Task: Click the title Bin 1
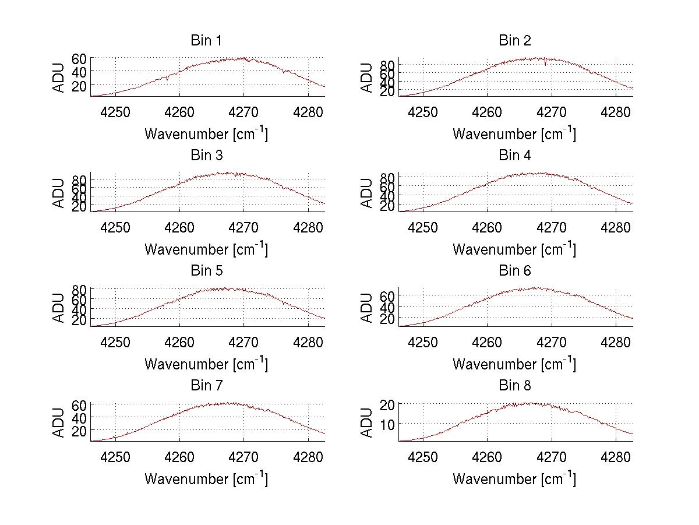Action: (206, 41)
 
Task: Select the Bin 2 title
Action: (514, 41)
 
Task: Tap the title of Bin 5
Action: (206, 271)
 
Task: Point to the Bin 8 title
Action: (514, 386)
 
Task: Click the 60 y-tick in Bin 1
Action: (80, 58)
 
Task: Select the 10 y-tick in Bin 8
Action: (388, 424)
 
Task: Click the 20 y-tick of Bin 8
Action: (388, 404)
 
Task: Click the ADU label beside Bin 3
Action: (59, 193)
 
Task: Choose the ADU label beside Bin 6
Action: (367, 308)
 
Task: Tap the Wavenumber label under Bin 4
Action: (514, 249)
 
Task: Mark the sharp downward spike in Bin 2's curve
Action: (545, 63)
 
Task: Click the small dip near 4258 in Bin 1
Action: (168, 78)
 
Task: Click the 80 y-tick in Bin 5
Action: (80, 289)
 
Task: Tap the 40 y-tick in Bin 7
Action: (80, 417)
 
